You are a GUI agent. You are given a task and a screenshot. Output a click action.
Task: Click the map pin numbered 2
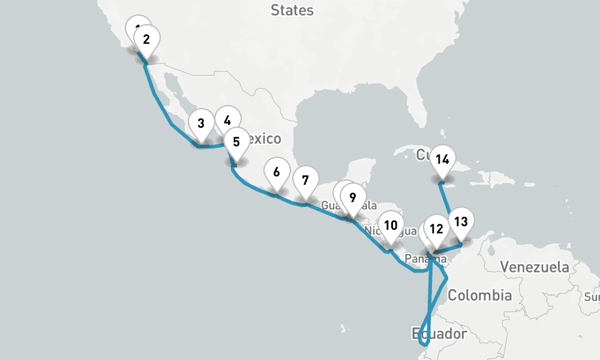[146, 41]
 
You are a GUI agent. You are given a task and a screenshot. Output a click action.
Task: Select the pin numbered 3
[201, 124]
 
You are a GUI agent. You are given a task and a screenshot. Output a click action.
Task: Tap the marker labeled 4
[227, 120]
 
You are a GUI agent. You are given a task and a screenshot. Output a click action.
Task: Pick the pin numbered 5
[236, 142]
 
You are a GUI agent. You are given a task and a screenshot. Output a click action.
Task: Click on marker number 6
[276, 172]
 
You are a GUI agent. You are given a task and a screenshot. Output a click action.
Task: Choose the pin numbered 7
[305, 180]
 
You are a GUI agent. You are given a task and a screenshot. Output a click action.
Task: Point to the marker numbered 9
[353, 197]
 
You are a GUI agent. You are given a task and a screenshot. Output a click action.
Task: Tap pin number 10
[391, 226]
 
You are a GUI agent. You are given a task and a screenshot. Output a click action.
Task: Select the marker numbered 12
[437, 229]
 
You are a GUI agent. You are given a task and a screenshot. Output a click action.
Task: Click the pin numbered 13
[461, 221]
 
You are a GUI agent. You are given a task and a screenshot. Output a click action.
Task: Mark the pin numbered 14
[443, 160]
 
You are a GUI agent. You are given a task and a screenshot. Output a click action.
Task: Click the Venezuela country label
[535, 267]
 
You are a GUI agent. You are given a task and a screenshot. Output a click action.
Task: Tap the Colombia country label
[480, 295]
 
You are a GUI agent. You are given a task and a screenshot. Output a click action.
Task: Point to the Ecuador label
[439, 333]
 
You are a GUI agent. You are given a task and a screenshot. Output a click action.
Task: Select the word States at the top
[292, 10]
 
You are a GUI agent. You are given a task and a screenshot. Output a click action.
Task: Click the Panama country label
[425, 259]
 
